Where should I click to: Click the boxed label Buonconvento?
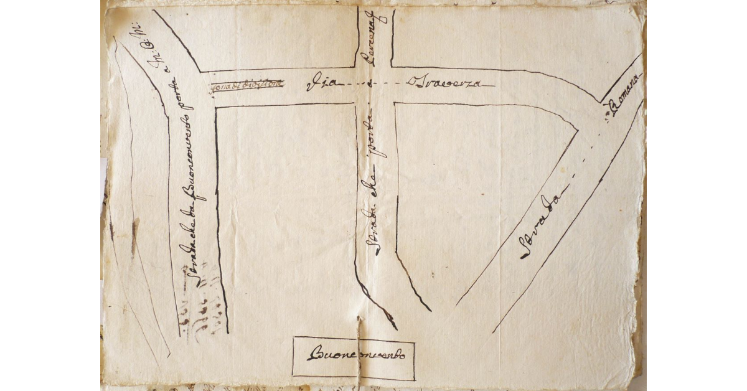coord(354,357)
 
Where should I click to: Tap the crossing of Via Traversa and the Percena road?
coord(375,85)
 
